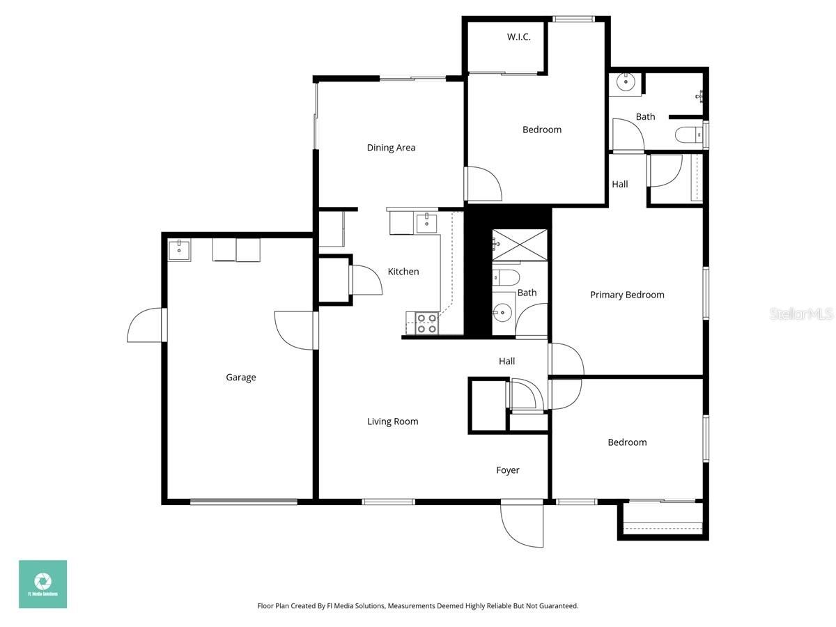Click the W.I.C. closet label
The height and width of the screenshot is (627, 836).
coord(518,37)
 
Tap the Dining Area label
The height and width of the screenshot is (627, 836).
coord(391,148)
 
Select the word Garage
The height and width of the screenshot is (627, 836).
coord(240,378)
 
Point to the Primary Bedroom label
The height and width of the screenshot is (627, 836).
coord(627,295)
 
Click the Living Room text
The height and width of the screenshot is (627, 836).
coord(393,421)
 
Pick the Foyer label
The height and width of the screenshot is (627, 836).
coord(507,470)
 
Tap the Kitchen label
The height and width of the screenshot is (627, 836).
coord(403,272)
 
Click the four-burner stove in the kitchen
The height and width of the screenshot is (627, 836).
coord(426,323)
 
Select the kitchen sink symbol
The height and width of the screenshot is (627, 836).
coord(426,223)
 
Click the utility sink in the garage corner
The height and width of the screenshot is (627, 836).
coord(180,250)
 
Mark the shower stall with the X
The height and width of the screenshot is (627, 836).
coord(520,244)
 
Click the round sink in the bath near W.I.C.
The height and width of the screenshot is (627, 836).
coord(625,83)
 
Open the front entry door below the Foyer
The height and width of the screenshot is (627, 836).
coord(522,524)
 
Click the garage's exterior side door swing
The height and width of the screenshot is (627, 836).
coord(145,326)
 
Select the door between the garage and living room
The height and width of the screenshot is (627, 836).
coord(296,330)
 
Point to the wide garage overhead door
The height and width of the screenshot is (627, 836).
coord(244,501)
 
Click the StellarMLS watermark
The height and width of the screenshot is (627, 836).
coord(800,314)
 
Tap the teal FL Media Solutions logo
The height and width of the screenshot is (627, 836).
coord(42,584)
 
